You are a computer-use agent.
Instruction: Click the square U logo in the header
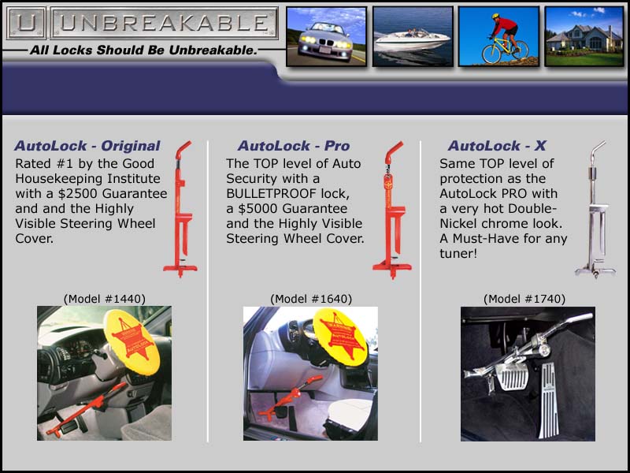click(26, 24)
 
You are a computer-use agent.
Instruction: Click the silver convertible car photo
click(326, 36)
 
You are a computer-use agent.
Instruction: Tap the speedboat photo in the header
click(413, 36)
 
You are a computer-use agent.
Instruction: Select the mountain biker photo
click(498, 36)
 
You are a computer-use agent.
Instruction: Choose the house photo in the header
click(584, 36)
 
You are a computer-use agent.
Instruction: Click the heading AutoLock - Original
click(87, 146)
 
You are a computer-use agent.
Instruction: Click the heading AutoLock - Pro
click(293, 146)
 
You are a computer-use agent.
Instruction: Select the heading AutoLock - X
click(497, 146)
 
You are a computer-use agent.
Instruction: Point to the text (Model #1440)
click(105, 299)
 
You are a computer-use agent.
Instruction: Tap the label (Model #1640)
click(311, 299)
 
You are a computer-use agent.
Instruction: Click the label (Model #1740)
click(524, 299)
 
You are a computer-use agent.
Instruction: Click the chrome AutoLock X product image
click(595, 209)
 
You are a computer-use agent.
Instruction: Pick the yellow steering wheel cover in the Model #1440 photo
click(132, 342)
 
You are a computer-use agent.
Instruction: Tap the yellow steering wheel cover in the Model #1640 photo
click(341, 337)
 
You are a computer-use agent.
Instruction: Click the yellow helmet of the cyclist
click(495, 16)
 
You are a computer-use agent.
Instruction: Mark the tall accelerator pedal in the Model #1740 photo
click(548, 400)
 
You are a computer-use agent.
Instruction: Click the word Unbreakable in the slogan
click(213, 50)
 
